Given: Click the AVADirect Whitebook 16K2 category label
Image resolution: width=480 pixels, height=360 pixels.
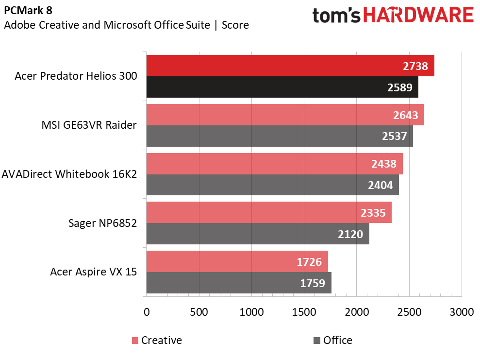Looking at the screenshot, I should pos(69,174).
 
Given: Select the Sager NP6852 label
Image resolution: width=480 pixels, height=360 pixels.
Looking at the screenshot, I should pos(102,223).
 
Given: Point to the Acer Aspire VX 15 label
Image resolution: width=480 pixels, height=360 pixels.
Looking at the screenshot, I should pos(93,272).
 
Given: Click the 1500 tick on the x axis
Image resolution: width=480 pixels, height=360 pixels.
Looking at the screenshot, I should pos(304,311).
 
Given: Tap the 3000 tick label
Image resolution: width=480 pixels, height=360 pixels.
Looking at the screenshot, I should pos(461,311).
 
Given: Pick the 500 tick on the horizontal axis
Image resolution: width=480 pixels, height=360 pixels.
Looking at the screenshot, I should pos(199,311).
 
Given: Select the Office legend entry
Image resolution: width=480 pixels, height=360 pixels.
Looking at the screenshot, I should pos(337,340).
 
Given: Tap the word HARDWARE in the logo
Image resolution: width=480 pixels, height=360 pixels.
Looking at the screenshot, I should pos(419,16).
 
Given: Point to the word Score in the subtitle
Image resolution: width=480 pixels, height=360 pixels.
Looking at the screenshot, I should pos(235,25).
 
